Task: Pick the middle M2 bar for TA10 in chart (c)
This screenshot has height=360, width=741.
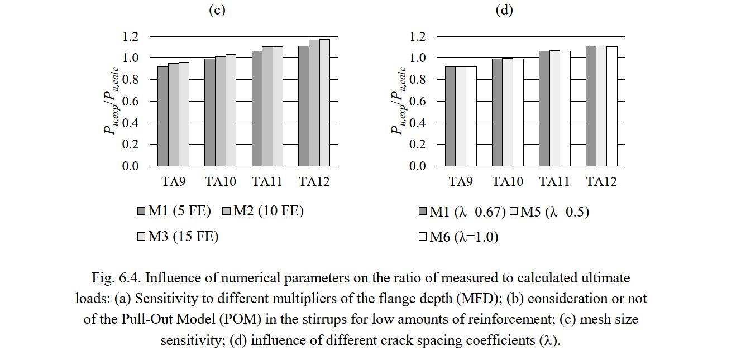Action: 220,111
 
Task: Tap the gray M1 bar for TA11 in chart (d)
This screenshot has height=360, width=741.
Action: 544,108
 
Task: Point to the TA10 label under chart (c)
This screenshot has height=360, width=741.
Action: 220,181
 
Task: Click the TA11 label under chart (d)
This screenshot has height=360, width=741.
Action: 554,181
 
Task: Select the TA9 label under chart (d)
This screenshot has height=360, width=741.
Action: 461,181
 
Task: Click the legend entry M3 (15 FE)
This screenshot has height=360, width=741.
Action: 178,237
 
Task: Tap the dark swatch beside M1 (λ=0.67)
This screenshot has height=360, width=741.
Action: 423,212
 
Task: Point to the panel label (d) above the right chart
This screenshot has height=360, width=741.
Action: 504,11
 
